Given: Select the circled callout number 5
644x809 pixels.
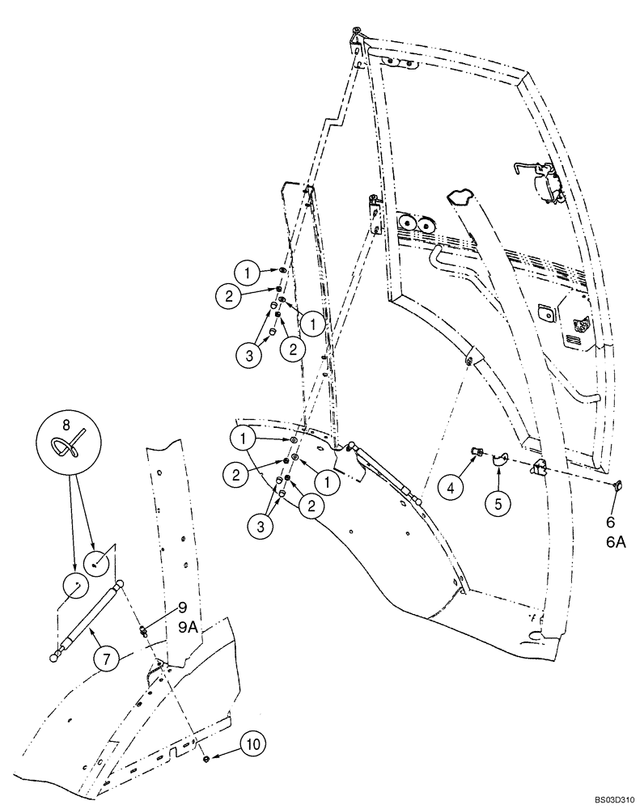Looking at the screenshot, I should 498,503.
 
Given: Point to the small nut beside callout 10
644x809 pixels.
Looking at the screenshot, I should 208,759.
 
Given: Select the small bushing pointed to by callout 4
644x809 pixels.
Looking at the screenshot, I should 476,451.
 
